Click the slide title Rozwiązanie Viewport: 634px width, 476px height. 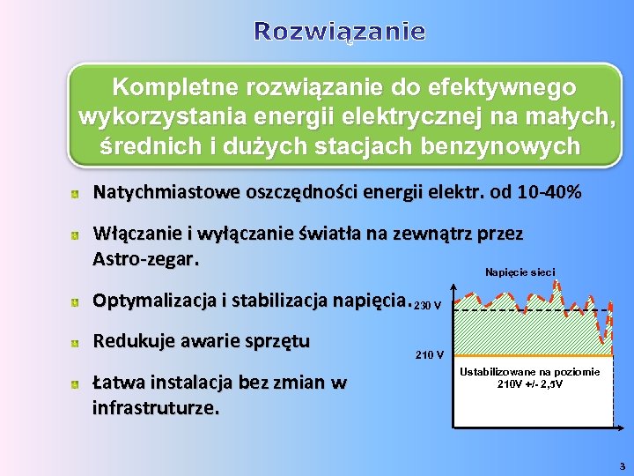tap(340, 33)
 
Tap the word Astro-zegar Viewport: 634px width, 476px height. tap(146, 260)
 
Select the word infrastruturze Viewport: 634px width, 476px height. tap(157, 408)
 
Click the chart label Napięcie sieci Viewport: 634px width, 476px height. tap(520, 272)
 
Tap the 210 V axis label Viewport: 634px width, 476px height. tap(430, 356)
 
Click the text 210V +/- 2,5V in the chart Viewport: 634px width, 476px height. tap(530, 384)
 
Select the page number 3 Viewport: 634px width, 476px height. tap(622, 465)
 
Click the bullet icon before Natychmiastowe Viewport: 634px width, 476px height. tap(77, 193)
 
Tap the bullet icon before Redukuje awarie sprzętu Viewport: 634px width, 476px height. tap(77, 342)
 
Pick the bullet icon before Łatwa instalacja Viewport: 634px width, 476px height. tap(77, 383)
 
